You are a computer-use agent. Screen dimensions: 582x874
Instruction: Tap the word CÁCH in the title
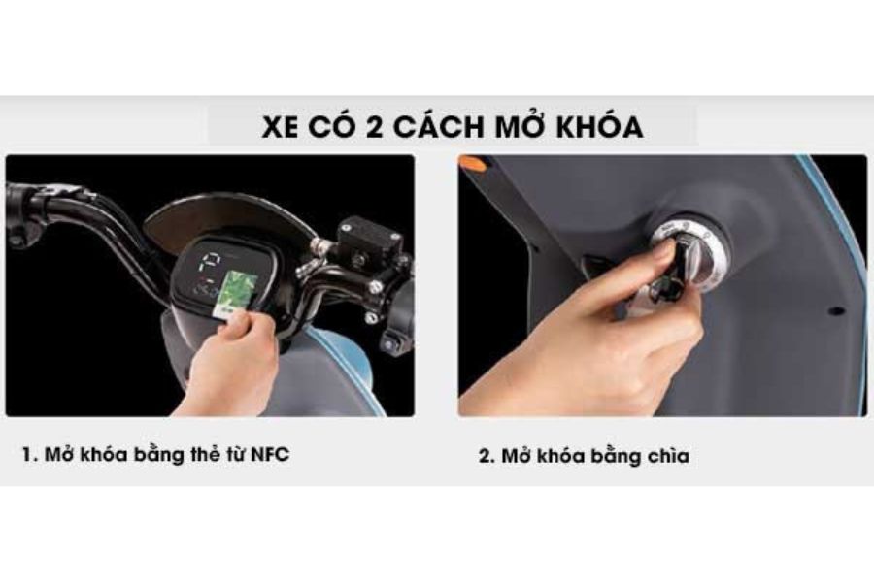click(x=440, y=127)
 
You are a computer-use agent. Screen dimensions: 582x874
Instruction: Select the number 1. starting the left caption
click(x=30, y=455)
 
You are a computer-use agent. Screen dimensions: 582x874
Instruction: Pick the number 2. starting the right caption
click(x=487, y=456)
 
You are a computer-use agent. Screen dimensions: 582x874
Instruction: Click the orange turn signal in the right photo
click(x=472, y=163)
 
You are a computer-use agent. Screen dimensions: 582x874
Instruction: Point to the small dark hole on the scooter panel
click(x=834, y=312)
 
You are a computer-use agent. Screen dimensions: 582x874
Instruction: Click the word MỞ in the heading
click(x=519, y=127)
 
